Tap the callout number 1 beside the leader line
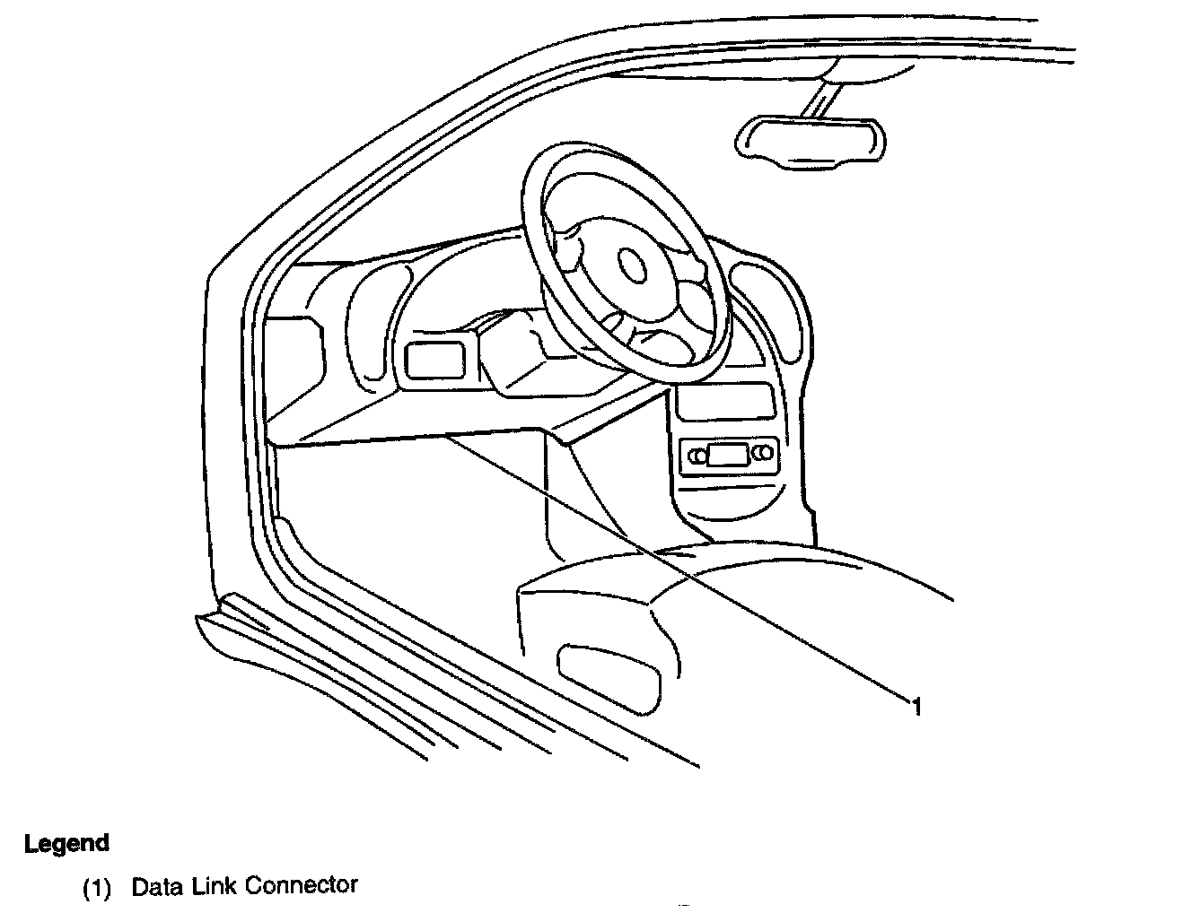click(x=916, y=707)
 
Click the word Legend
click(x=66, y=843)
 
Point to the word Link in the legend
click(x=212, y=886)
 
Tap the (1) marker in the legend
click(x=96, y=889)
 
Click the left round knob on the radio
click(x=697, y=456)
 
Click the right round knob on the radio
click(x=762, y=455)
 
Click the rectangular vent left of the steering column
click(x=434, y=361)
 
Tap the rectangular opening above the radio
click(x=725, y=400)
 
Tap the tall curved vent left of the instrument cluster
click(x=369, y=332)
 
